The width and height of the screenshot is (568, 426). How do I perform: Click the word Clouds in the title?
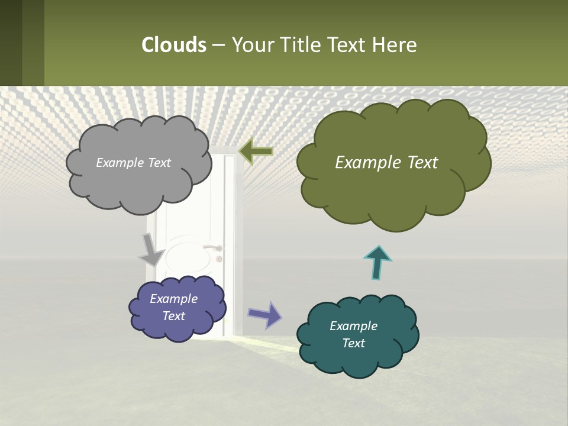pyautogui.click(x=173, y=45)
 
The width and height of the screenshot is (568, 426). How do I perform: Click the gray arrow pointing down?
pyautogui.click(x=151, y=249)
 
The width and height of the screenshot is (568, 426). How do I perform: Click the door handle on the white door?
pyautogui.click(x=214, y=248)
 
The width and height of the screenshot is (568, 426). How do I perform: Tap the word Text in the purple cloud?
pyautogui.click(x=174, y=316)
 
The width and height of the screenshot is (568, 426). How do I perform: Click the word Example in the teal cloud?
pyautogui.click(x=353, y=326)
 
